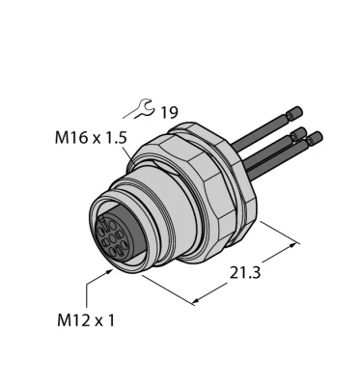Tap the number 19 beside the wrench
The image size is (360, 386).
click(169, 115)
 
